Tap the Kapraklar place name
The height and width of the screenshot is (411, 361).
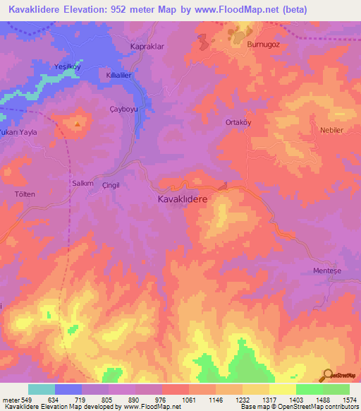147,46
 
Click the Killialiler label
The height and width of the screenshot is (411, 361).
121,74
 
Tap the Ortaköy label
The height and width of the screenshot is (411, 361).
239,121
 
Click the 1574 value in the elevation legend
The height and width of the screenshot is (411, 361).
342,399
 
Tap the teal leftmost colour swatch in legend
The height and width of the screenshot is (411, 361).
42,388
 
